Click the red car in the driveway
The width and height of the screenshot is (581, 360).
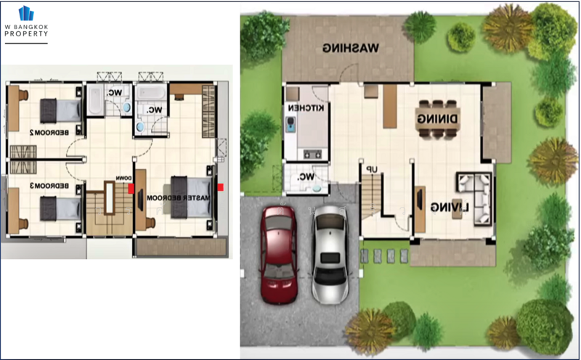point(279,255)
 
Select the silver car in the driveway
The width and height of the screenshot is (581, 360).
point(330,255)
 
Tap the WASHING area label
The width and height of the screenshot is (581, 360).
point(351,48)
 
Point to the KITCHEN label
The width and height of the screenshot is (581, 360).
point(306,107)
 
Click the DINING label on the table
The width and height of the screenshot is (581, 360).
point(437,118)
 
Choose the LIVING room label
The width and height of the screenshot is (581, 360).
point(450,208)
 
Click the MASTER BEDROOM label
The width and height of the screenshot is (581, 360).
point(178,197)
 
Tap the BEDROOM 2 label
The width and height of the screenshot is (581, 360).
point(49,132)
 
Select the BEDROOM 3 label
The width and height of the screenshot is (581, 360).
point(49,186)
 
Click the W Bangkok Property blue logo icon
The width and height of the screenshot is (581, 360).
point(26,13)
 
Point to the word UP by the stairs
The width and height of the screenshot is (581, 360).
point(371,169)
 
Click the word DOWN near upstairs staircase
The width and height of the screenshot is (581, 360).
point(123,178)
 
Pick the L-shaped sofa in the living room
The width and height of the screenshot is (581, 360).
point(475,199)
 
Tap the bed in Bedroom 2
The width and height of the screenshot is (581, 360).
point(60,111)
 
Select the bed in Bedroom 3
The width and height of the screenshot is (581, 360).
point(60,208)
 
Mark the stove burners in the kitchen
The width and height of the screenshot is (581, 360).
point(312,154)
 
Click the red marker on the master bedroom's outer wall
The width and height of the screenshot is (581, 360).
point(221,187)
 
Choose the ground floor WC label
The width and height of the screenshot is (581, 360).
point(306,176)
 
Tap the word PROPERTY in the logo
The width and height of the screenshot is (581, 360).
point(26,33)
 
